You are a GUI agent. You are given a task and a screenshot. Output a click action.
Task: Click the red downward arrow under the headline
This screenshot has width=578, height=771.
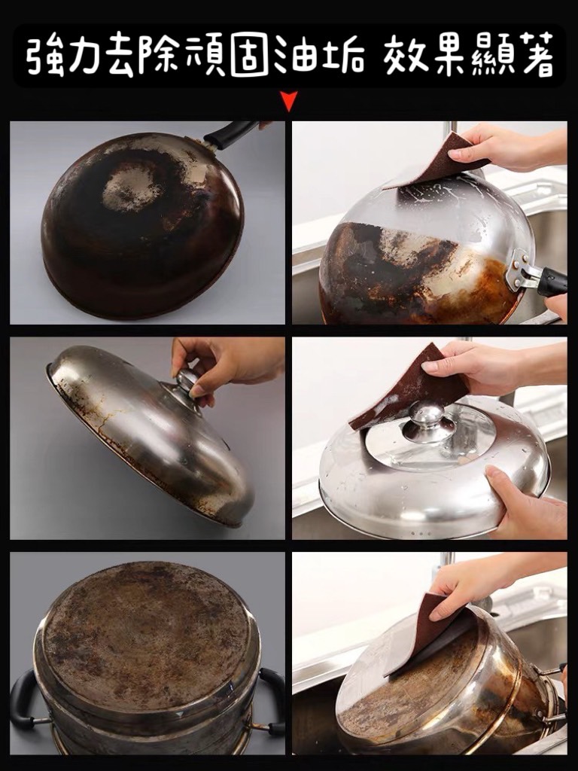pyautogui.click(x=290, y=102)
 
